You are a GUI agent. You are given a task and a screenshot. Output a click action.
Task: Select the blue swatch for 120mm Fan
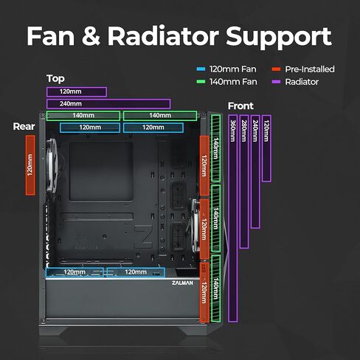tap(201, 69)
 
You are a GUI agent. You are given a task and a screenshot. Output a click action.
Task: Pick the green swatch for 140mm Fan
tap(201, 82)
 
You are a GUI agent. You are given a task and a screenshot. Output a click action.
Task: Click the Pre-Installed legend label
tap(309, 69)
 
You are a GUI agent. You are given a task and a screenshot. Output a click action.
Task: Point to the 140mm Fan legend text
tap(232, 82)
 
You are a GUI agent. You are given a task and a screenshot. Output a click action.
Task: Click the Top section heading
tap(55, 78)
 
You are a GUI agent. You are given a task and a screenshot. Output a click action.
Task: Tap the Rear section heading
tap(24, 126)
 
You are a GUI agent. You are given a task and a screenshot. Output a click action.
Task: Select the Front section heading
tap(240, 106)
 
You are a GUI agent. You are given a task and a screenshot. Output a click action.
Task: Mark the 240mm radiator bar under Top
tap(108, 104)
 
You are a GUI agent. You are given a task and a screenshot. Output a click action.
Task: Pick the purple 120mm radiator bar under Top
tap(76, 92)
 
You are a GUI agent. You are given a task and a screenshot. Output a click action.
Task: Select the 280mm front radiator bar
tap(244, 181)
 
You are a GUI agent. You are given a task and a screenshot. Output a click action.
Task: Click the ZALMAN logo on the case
tap(182, 283)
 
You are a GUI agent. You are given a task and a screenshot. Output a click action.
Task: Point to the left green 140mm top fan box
tap(83, 116)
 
